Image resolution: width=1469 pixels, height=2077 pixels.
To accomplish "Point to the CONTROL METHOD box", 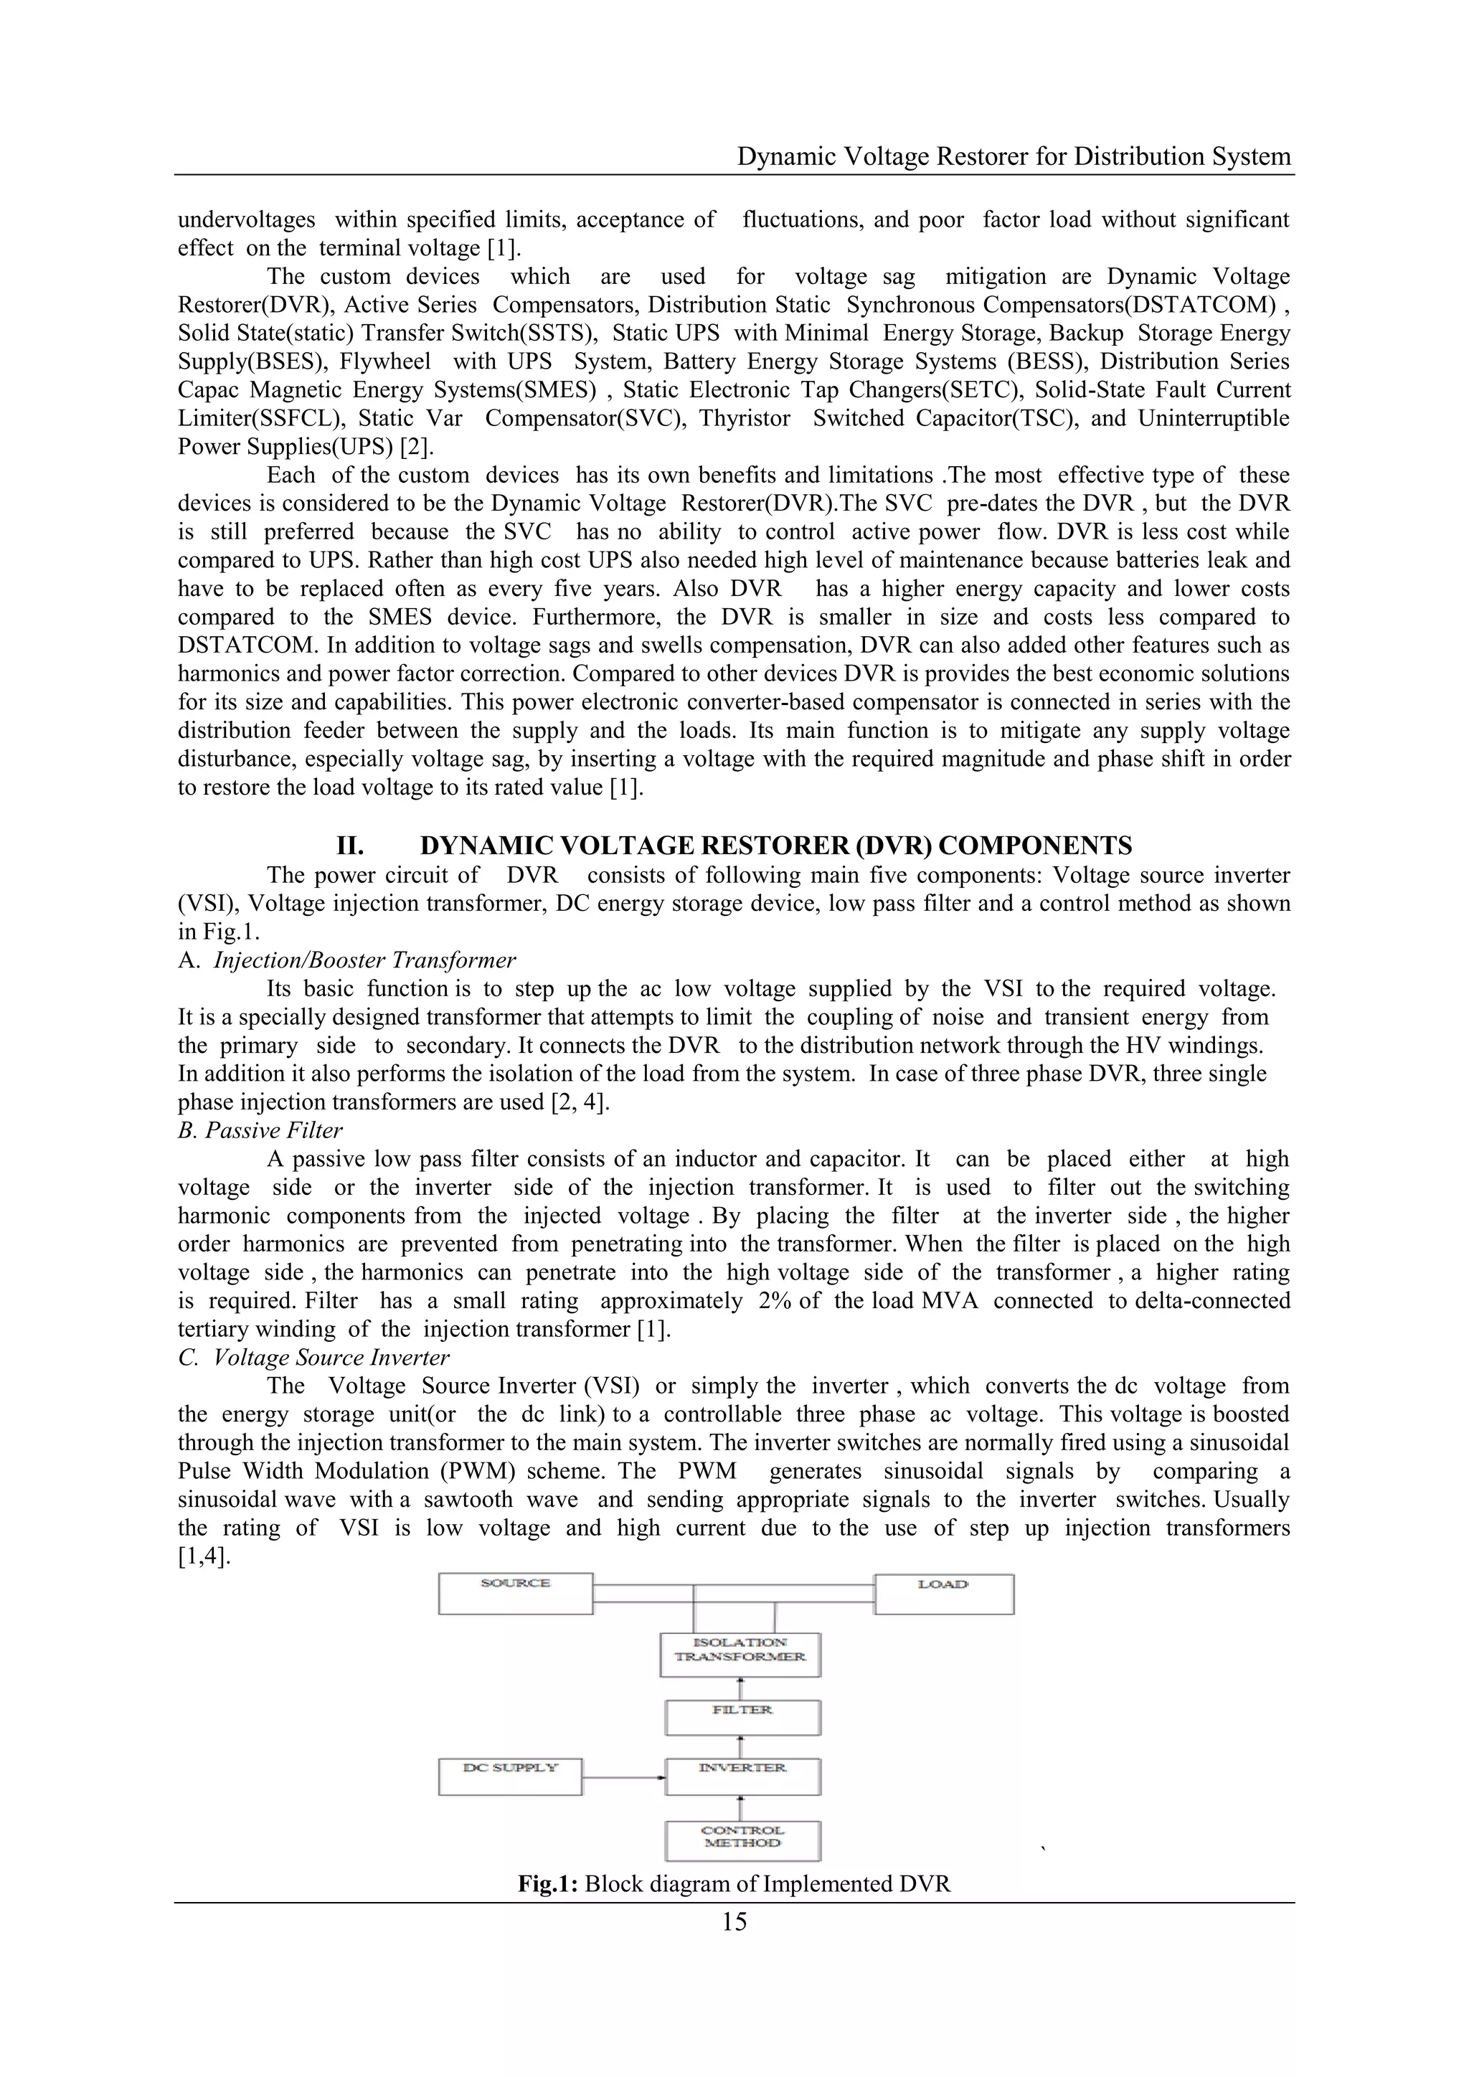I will point(742,1866).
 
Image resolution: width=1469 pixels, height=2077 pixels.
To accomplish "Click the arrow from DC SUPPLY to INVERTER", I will point(623,1804).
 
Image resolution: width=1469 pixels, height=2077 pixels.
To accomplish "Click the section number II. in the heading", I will point(350,846).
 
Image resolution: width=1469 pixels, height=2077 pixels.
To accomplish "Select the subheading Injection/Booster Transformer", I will point(364,960).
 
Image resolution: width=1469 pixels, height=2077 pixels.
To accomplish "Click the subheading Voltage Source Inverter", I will point(331,1357).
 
